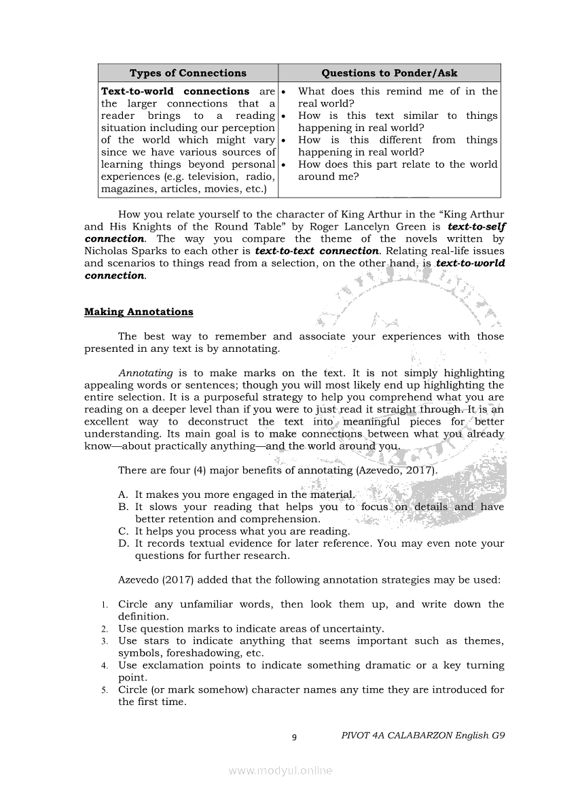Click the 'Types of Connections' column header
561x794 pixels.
coord(187,73)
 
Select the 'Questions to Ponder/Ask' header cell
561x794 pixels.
coord(389,73)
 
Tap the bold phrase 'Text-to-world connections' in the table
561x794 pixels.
coord(175,91)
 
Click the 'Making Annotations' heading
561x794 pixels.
coord(139,312)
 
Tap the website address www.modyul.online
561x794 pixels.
coord(280,770)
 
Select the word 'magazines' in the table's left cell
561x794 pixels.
coord(126,189)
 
